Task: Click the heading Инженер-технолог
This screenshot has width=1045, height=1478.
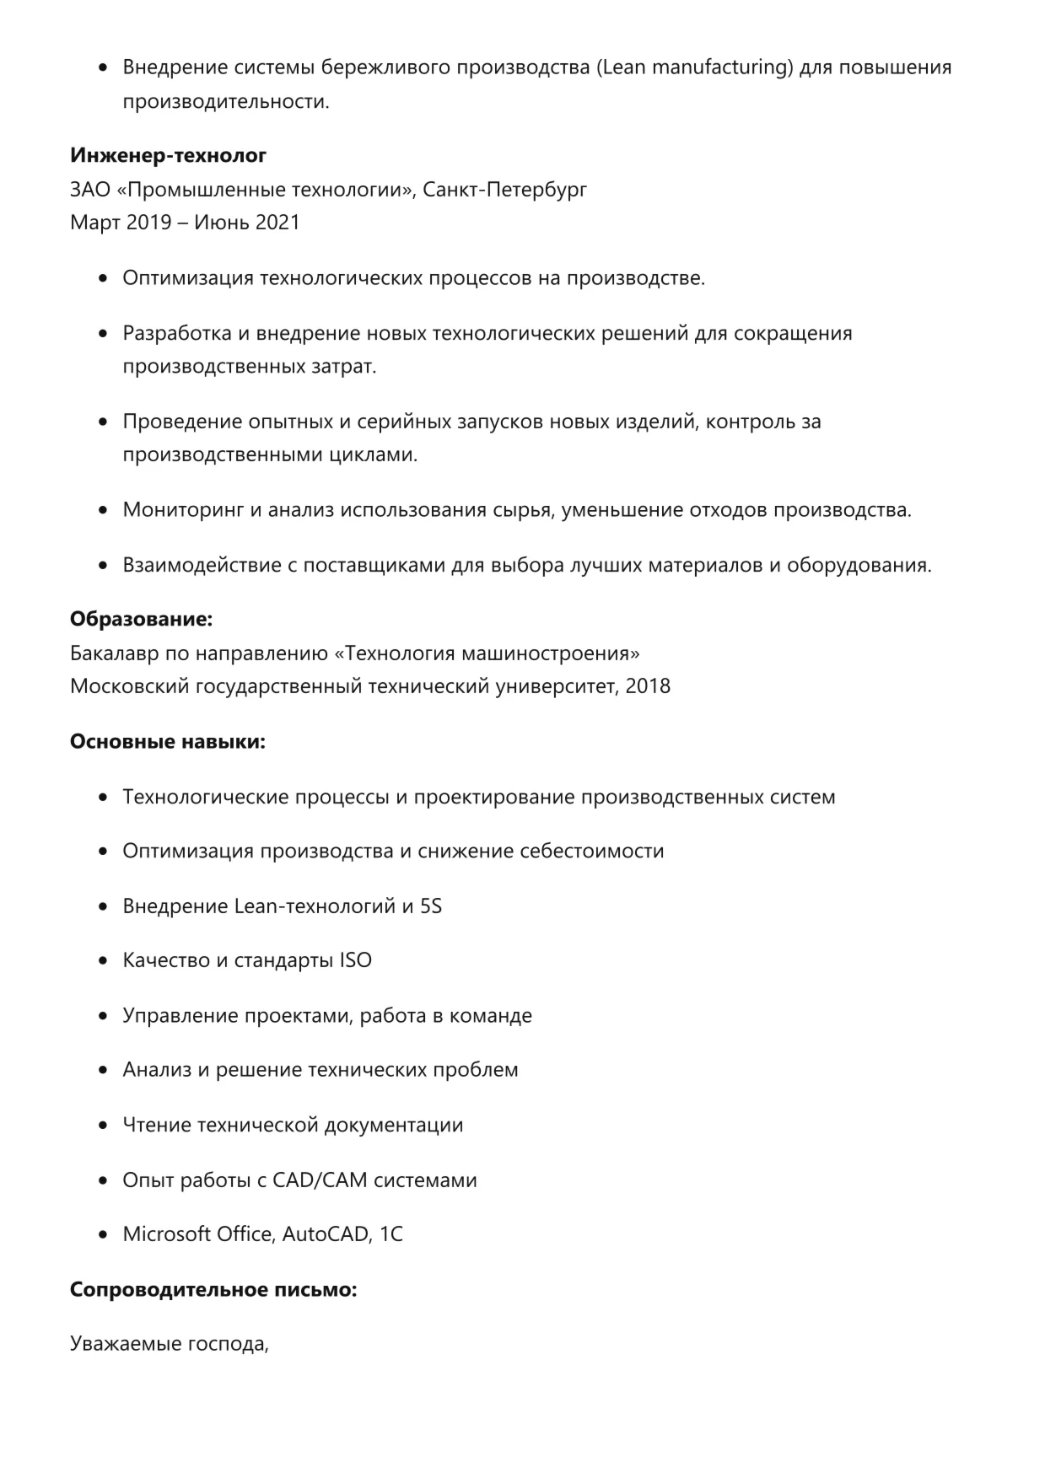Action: pos(168,155)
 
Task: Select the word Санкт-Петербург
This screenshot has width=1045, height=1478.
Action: pos(504,189)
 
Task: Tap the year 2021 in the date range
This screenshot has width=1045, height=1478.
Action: pos(277,223)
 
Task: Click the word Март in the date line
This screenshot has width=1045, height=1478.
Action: pos(95,223)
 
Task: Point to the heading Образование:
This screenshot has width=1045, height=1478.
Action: pos(141,620)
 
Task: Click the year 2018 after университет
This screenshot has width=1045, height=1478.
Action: pos(648,686)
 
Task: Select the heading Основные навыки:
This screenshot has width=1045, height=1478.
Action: pos(167,742)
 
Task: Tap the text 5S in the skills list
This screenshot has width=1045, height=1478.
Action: pos(430,906)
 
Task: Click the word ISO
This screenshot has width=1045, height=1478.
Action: pos(355,960)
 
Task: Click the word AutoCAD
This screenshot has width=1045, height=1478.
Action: pos(326,1234)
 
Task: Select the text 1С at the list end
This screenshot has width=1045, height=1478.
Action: pos(391,1234)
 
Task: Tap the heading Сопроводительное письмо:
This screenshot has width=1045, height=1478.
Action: pos(213,1290)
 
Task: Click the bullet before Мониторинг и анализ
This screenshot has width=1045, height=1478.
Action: pos(104,510)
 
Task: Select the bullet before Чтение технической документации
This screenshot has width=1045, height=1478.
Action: pos(104,1126)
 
